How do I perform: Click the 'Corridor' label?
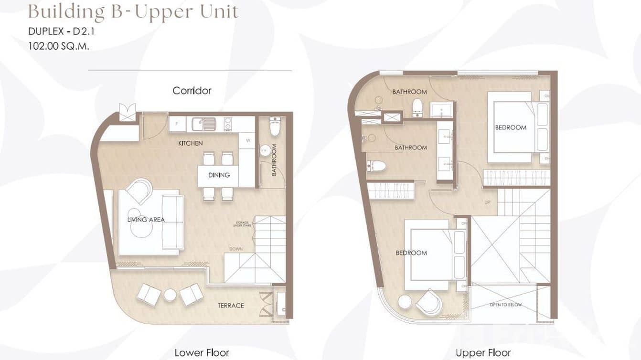click(x=192, y=91)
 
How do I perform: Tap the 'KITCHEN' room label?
click(x=190, y=143)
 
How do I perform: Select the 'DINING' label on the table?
click(x=219, y=175)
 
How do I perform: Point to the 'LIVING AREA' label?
click(x=146, y=220)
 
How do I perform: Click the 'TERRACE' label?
click(x=231, y=306)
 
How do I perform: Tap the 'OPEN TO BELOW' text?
click(x=505, y=305)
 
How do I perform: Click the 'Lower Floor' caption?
click(x=202, y=353)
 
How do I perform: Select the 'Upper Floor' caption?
click(x=483, y=353)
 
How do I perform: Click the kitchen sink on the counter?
click(x=203, y=124)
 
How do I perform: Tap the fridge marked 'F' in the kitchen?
click(x=177, y=124)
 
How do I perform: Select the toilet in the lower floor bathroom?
click(x=275, y=127)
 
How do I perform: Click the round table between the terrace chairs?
click(x=170, y=295)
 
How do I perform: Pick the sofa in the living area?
click(x=172, y=222)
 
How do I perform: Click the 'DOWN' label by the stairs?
click(x=236, y=249)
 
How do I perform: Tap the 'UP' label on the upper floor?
click(x=487, y=202)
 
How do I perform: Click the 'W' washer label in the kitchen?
click(x=248, y=140)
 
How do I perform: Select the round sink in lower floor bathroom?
click(x=265, y=150)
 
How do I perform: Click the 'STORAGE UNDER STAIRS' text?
click(x=243, y=224)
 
